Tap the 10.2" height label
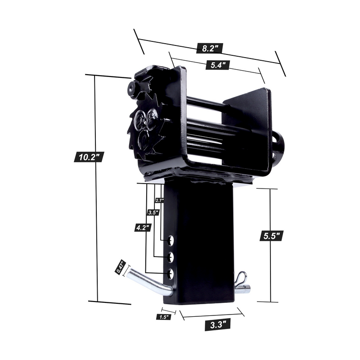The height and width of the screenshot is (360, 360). coord(89,157)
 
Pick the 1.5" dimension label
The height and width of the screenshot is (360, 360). coord(164,317)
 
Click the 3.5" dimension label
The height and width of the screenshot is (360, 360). coord(153,212)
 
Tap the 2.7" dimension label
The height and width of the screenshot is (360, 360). coord(159,200)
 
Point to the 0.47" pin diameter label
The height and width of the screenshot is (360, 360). coord(120,267)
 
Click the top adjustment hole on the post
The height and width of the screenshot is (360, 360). coord(171,241)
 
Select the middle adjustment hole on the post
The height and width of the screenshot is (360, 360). coord(171,257)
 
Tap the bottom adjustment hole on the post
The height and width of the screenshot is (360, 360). coord(171,273)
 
